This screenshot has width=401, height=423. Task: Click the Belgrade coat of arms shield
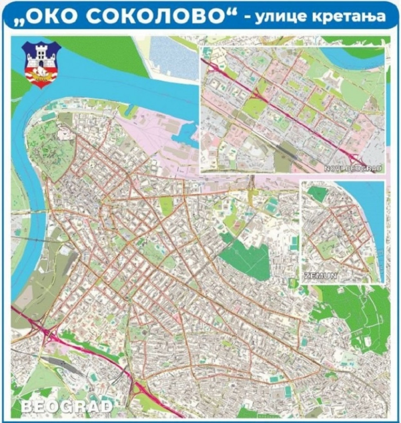point(41,64)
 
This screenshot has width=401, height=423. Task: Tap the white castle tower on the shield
point(41,53)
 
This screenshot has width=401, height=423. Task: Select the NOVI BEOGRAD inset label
point(353,169)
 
